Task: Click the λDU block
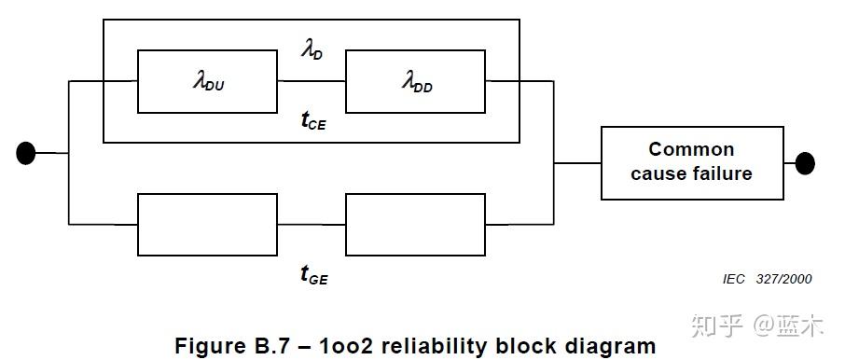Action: (208, 82)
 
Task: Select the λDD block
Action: (415, 82)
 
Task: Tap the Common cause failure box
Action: (691, 162)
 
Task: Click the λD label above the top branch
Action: (312, 51)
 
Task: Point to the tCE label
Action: (312, 120)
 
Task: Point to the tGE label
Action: (313, 274)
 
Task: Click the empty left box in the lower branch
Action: (208, 224)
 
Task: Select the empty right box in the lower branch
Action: (415, 224)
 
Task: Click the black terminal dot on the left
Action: (26, 152)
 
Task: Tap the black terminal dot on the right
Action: (804, 163)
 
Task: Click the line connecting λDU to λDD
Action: (312, 82)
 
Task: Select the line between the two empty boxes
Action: (312, 224)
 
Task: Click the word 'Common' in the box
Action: (691, 149)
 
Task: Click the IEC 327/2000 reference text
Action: (767, 279)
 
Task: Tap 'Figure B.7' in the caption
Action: (228, 346)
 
